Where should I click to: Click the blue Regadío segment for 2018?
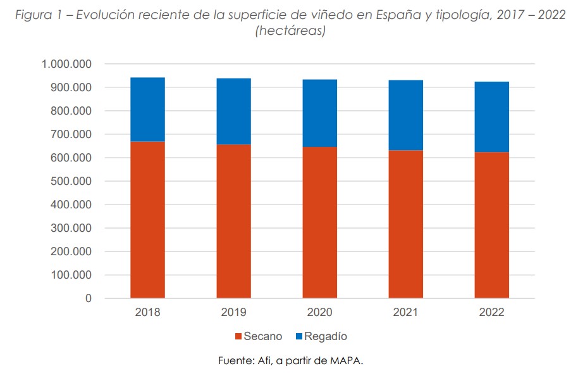click(x=147, y=109)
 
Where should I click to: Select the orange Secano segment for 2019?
click(x=233, y=221)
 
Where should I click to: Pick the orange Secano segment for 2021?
click(x=405, y=224)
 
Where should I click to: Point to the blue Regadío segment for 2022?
click(x=491, y=117)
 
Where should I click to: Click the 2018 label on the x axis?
click(x=147, y=313)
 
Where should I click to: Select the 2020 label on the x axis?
click(x=319, y=313)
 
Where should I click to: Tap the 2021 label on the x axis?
click(x=405, y=313)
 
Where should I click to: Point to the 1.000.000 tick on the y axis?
click(x=66, y=65)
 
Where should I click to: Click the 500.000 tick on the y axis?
click(x=71, y=182)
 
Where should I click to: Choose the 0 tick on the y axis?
click(x=89, y=299)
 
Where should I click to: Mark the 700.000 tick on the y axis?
click(x=71, y=135)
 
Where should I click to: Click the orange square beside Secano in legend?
click(x=238, y=337)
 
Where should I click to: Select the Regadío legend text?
click(x=326, y=337)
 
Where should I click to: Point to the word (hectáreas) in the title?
click(x=290, y=31)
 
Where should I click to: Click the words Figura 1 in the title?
click(x=40, y=16)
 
